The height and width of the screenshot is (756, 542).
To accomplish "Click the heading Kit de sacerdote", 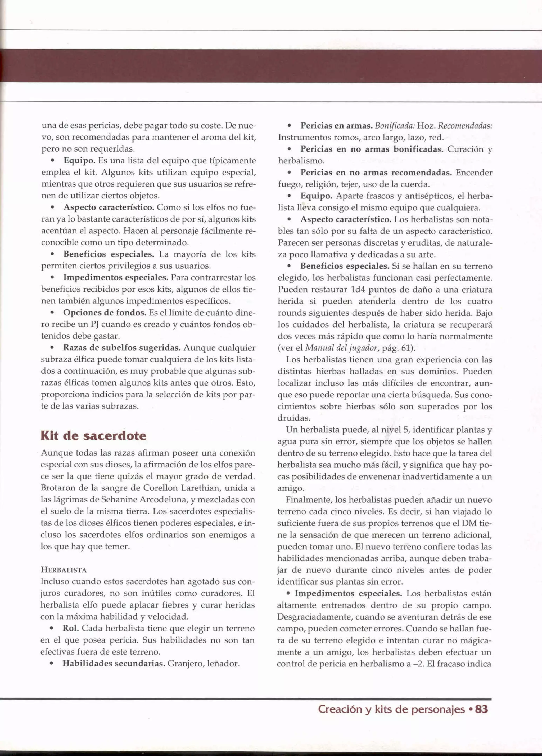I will (93, 436).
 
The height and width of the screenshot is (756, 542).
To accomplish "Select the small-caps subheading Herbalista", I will (64, 570).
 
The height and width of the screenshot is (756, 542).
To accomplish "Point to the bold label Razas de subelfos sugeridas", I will (122, 348).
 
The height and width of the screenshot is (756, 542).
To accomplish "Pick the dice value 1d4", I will (358, 289).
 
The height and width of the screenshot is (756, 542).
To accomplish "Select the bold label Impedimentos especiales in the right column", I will (348, 593).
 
